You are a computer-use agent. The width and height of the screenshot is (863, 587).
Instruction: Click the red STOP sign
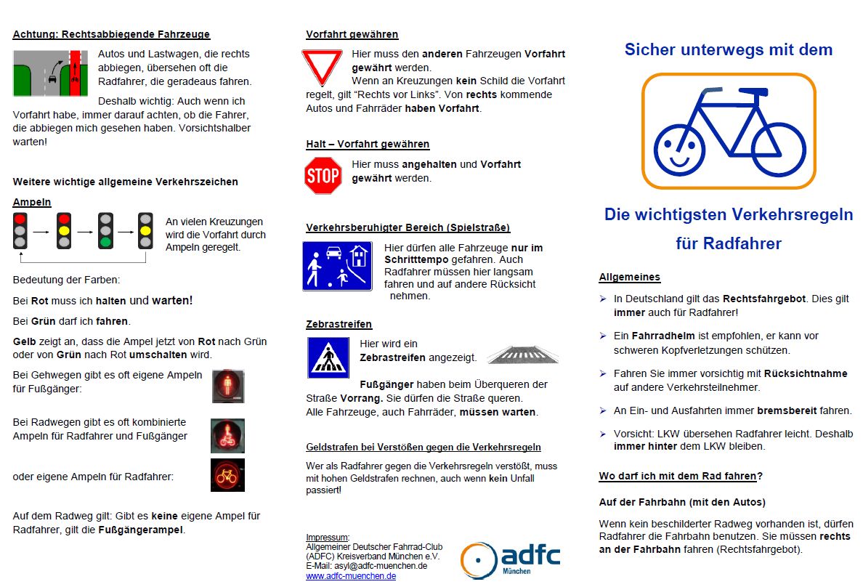tap(323, 175)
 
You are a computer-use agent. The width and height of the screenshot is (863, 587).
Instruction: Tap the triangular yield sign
tap(322, 65)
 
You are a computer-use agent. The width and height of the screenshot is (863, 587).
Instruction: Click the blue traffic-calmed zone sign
tap(337, 266)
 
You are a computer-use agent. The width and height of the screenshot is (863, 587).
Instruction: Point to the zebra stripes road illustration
tap(522, 355)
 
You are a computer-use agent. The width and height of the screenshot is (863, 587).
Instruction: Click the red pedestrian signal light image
tap(228, 386)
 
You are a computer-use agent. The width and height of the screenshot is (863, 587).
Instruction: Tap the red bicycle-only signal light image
tap(228, 475)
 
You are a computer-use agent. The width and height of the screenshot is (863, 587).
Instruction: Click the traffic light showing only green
tap(106, 230)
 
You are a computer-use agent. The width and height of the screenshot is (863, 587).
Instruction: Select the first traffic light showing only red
tap(20, 230)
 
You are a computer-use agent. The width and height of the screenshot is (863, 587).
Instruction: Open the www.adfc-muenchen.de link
tap(351, 576)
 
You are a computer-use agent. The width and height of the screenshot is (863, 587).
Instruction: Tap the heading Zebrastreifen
tap(339, 324)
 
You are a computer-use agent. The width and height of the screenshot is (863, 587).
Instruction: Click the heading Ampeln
tap(32, 202)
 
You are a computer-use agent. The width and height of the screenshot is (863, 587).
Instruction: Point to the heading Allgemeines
tap(629, 277)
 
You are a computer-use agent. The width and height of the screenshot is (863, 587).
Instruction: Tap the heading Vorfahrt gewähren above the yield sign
tap(352, 34)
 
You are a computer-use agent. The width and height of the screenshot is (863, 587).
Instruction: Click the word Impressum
tap(328, 537)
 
